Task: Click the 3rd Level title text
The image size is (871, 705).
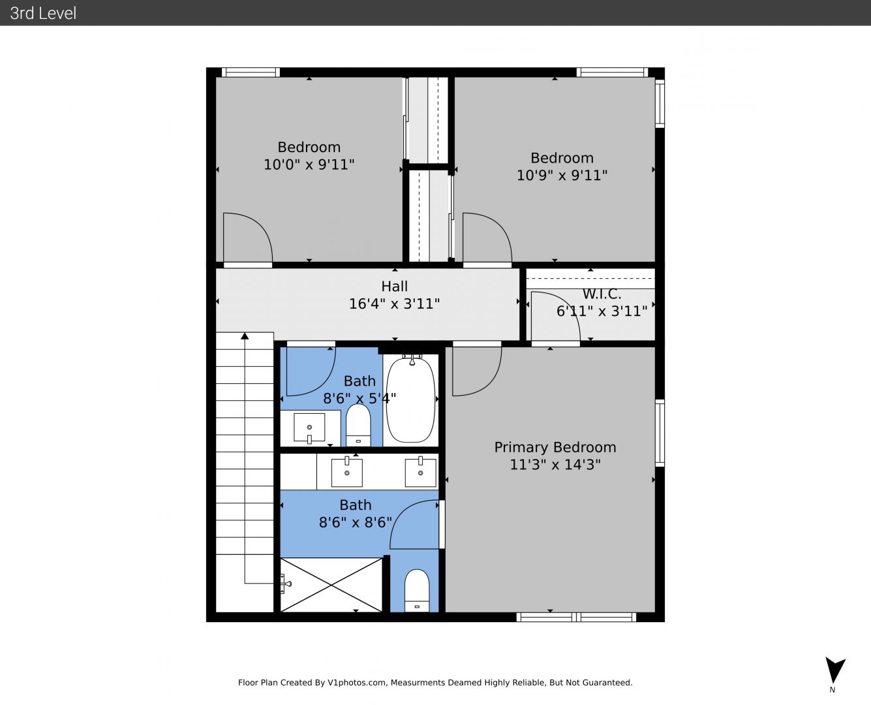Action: pos(43,13)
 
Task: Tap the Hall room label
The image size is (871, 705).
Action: pos(394,287)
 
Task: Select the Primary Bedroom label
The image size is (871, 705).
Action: pos(555,447)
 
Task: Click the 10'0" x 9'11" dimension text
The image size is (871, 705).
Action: pos(309,164)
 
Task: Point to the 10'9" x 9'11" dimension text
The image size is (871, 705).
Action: pos(562,175)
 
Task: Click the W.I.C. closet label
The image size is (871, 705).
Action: pos(602,294)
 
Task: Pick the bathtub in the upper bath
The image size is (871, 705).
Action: pos(410,399)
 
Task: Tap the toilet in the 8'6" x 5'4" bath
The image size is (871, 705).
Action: pos(358,425)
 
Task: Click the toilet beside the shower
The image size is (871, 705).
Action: pos(417,590)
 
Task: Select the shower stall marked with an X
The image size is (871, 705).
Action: pos(331,585)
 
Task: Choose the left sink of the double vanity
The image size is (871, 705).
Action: pos(346,472)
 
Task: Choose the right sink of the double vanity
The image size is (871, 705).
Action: pos(420,472)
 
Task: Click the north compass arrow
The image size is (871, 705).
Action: pos(835,670)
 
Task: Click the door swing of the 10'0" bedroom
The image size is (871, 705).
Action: pos(262,228)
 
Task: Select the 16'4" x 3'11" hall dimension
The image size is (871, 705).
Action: pos(394,304)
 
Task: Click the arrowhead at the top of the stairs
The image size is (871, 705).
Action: pos(245,336)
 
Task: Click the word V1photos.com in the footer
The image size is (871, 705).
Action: pos(357,683)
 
